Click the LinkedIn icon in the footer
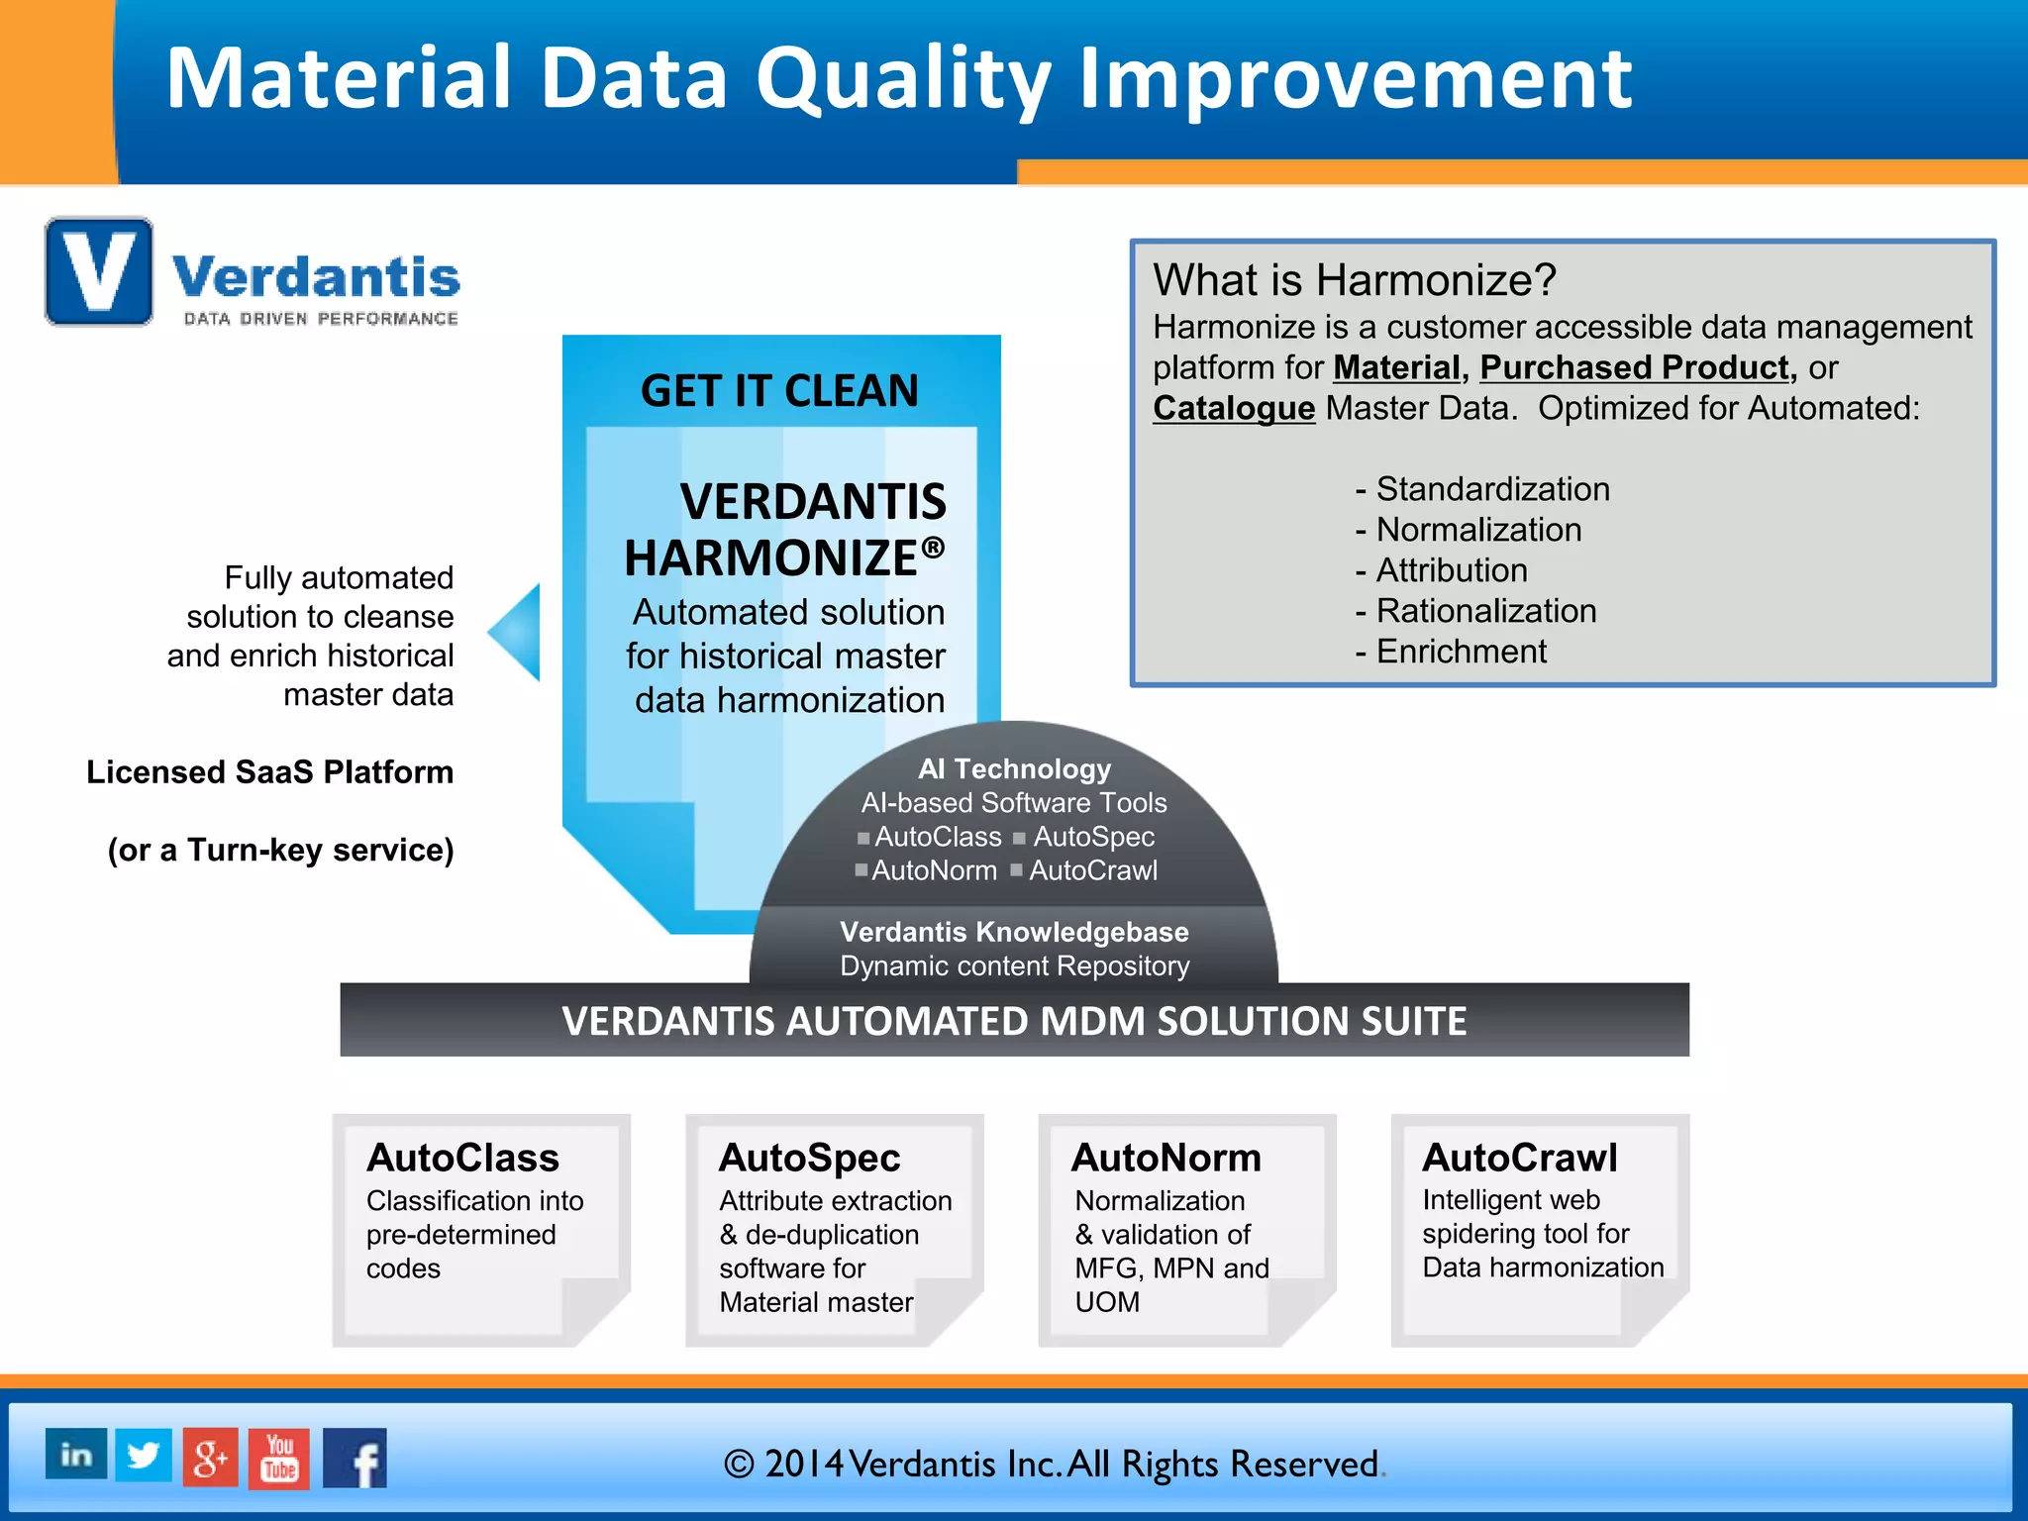76,1455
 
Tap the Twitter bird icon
144,1455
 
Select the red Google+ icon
210,1457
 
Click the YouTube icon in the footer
279,1458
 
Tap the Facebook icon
355,1458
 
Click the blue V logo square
99,272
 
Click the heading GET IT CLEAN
779,390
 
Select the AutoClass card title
462,1158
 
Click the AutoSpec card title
809,1158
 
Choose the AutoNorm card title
1166,1158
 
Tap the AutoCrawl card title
1519,1158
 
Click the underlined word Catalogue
1233,408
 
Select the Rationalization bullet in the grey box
1485,611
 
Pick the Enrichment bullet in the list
1461,652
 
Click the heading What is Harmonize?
1354,280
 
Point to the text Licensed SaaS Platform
269,771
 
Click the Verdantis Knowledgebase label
1014,932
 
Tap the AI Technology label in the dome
1014,768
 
